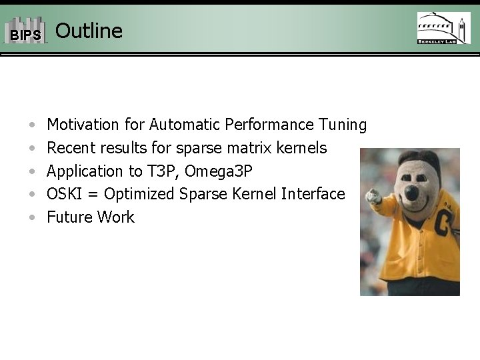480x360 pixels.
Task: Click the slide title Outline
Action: (x=89, y=31)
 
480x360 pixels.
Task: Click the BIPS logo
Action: (x=25, y=31)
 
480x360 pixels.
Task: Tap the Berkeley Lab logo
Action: (x=443, y=28)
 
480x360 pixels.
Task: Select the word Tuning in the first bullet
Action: (x=343, y=125)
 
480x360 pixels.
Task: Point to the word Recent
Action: (x=71, y=147)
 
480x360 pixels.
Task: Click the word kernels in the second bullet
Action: (x=304, y=147)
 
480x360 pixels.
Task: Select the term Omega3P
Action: (x=219, y=171)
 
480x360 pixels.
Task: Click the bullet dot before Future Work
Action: (x=33, y=218)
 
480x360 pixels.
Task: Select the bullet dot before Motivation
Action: (x=33, y=125)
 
